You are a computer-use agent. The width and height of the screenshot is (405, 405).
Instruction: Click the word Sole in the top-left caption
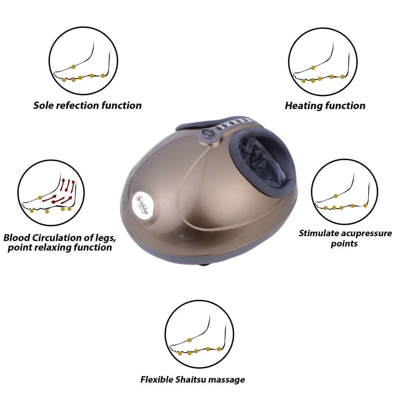[x=43, y=105]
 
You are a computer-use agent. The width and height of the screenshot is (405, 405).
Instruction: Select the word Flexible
[x=157, y=379]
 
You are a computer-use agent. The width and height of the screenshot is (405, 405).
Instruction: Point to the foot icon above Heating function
[x=323, y=62]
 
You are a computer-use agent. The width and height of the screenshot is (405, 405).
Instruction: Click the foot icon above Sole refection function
[x=83, y=61]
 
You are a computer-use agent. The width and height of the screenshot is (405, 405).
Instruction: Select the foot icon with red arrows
[x=51, y=193]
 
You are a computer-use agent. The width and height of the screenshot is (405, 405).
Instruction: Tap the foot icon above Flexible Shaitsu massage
[x=199, y=334]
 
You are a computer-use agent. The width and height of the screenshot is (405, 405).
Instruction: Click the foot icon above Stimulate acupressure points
[x=345, y=192]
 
